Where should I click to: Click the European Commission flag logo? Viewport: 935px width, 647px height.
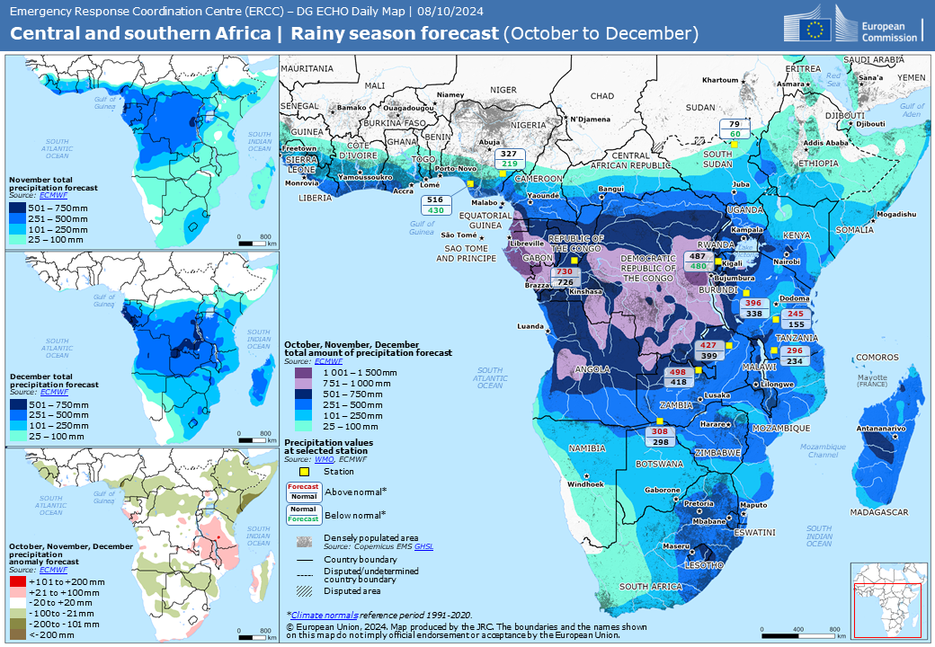(816, 28)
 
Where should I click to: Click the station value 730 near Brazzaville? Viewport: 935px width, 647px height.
(565, 271)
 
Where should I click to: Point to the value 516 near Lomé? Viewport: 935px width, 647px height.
(435, 199)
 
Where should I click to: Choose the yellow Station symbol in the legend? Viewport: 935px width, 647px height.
(304, 471)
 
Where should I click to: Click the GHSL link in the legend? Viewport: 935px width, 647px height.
(424, 546)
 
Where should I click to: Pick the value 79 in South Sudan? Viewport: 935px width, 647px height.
(735, 124)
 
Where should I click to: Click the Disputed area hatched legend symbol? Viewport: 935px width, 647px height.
(304, 590)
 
